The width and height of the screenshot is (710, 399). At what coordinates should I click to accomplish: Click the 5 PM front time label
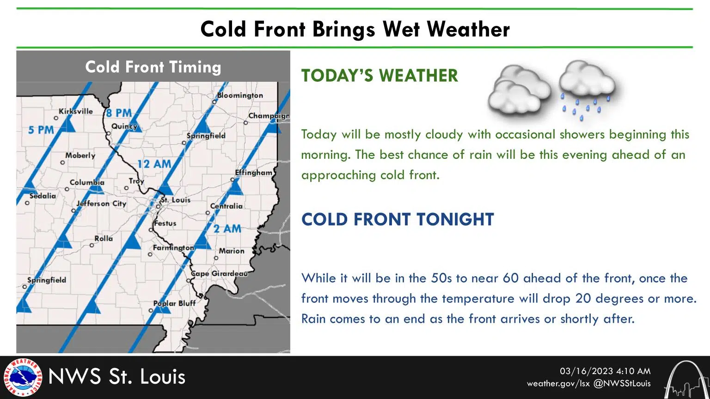tap(41, 130)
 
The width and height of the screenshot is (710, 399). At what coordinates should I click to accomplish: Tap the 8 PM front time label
tap(119, 113)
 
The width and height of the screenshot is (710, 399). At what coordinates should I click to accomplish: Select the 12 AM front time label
tap(154, 164)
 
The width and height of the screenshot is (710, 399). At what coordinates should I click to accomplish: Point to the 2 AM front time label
tap(227, 229)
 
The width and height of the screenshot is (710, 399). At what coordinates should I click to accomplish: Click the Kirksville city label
tap(76, 111)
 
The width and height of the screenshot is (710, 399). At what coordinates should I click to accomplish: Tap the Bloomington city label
tap(240, 96)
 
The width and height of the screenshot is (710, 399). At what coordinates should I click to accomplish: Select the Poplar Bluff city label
tap(174, 303)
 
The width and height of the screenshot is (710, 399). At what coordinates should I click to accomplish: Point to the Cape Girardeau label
tap(220, 273)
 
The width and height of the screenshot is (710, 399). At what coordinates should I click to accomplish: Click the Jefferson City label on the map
tap(101, 203)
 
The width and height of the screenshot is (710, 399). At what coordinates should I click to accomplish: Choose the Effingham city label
tap(254, 173)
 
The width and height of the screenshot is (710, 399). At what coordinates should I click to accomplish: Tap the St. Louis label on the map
tap(175, 200)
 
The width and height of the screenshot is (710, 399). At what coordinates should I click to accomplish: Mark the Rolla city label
tap(104, 238)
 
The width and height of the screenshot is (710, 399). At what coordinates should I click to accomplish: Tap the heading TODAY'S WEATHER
tap(379, 76)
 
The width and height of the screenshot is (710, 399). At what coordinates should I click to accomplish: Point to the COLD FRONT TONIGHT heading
tap(398, 219)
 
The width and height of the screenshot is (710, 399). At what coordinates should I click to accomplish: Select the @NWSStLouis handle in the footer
tap(622, 383)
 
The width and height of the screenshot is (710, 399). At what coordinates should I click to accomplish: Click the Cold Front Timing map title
tap(153, 67)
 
